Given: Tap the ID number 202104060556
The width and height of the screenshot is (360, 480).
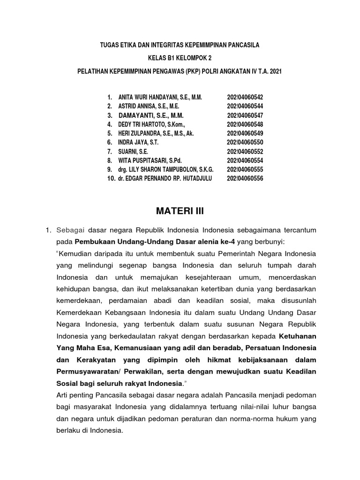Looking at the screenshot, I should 245,179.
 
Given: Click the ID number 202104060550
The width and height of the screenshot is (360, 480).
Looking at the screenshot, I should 245,142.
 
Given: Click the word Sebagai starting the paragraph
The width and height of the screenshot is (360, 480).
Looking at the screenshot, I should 70,231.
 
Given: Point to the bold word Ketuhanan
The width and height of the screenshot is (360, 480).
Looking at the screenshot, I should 298,336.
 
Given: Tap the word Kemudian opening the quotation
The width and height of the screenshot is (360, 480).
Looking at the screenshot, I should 76,254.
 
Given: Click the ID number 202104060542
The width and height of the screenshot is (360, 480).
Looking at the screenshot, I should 245,97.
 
